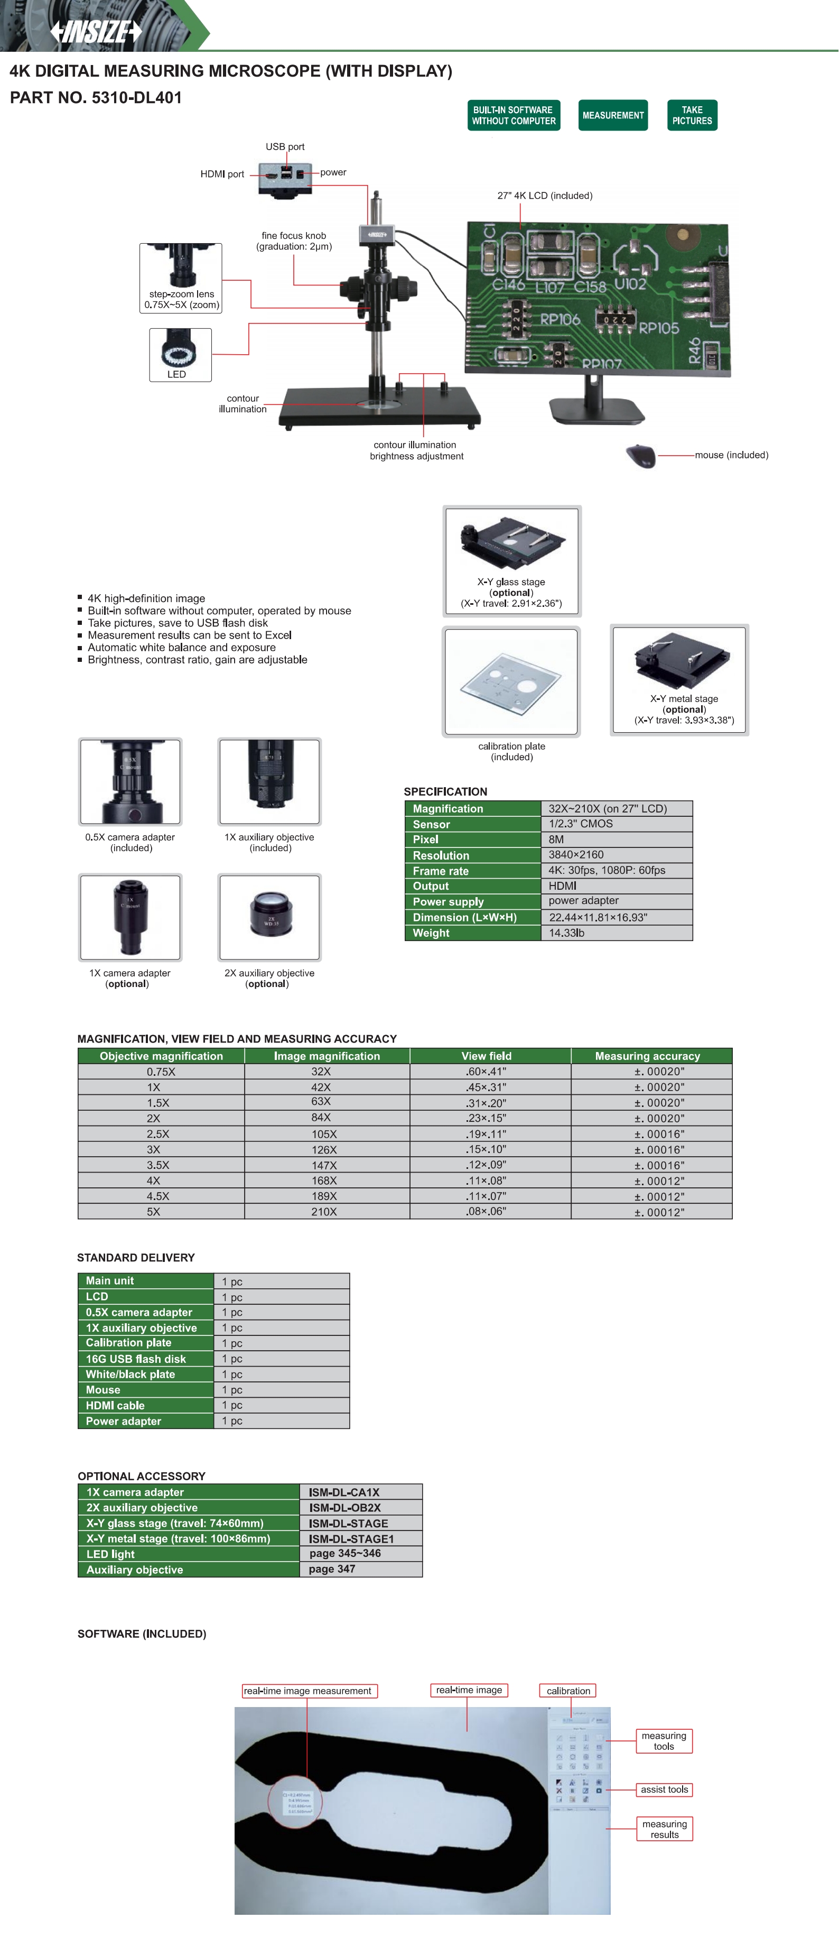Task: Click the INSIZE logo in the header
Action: (x=96, y=32)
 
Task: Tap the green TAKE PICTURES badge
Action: (x=692, y=115)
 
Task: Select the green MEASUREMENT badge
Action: (x=613, y=115)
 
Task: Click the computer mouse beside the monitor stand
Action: (x=640, y=455)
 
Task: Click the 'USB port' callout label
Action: (x=285, y=146)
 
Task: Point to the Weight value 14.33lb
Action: (x=567, y=933)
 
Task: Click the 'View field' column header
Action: (x=487, y=1056)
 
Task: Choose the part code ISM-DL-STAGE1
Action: (x=351, y=1538)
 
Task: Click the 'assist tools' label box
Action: (x=664, y=1790)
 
